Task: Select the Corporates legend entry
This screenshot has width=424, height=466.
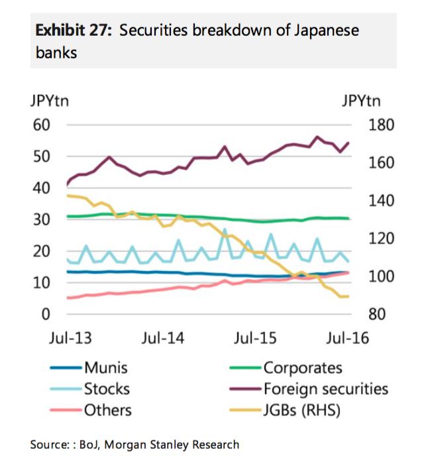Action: point(302,368)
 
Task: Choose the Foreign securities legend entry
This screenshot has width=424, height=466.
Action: point(325,389)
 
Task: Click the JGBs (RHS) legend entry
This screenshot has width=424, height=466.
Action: point(301,410)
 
